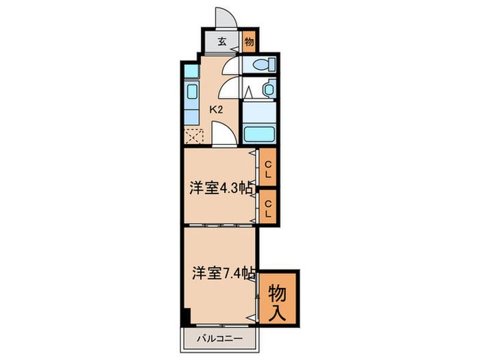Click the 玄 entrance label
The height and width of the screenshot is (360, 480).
(222, 41)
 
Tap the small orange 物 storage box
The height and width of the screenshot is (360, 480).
(249, 41)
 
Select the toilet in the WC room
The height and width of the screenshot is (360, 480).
(263, 65)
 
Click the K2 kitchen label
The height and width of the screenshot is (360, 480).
(217, 108)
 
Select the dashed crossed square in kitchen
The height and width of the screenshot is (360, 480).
(193, 134)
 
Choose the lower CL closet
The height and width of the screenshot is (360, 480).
(268, 207)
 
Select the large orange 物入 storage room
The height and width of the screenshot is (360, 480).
(278, 297)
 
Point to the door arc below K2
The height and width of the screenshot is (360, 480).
(223, 133)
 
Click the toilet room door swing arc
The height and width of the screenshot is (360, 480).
(232, 67)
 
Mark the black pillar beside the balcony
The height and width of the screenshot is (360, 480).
(186, 319)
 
